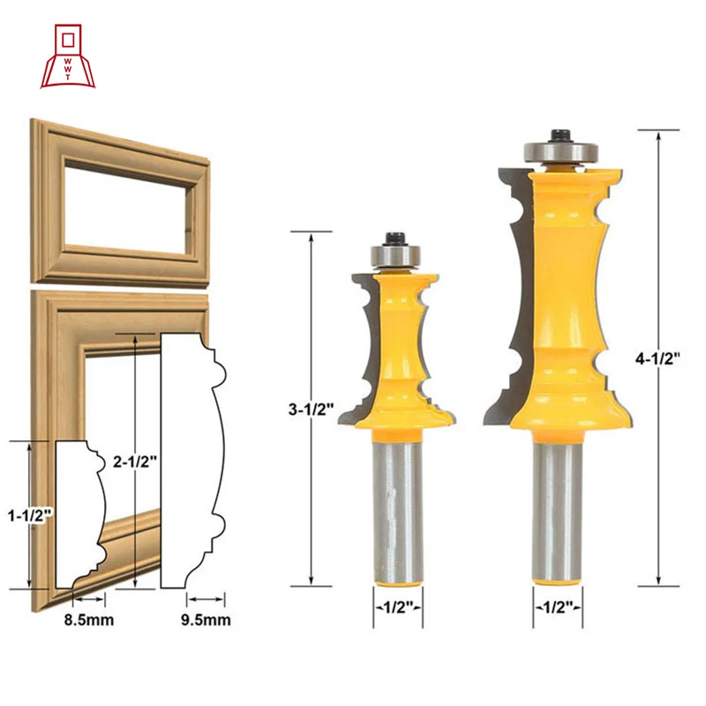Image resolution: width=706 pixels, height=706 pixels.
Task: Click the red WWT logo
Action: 68,56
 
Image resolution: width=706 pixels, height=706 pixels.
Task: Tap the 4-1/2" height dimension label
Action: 657,359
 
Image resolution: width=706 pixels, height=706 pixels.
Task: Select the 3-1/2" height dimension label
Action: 312,409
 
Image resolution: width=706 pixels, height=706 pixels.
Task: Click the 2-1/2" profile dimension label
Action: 135,461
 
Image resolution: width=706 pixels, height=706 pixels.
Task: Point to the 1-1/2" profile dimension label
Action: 31,515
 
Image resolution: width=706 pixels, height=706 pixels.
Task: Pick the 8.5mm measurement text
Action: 89,620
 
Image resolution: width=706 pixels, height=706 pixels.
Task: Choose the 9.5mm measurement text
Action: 206,620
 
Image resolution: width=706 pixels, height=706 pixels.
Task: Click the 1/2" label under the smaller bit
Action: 398,607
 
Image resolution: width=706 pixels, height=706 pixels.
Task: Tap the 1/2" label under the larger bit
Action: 558,607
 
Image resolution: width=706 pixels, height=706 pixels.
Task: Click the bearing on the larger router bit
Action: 560,151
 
